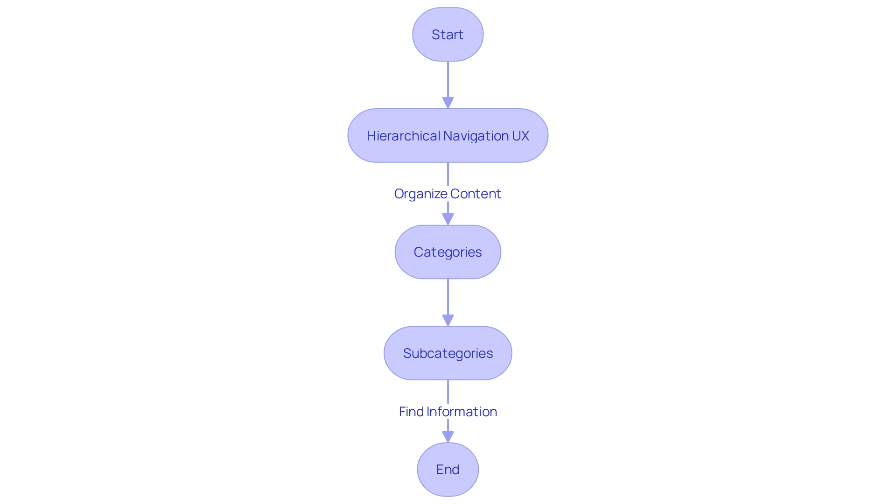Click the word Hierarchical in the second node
403,136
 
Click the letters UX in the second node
520,136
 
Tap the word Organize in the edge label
420,194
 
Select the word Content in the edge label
476,194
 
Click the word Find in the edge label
411,412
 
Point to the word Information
462,412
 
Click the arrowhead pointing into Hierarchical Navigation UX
448,103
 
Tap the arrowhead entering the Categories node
448,219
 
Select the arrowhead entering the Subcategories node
448,320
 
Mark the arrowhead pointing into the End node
448,436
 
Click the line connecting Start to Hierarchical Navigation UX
448,79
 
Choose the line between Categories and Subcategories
448,297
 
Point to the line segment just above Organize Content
448,174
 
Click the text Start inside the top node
447,35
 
